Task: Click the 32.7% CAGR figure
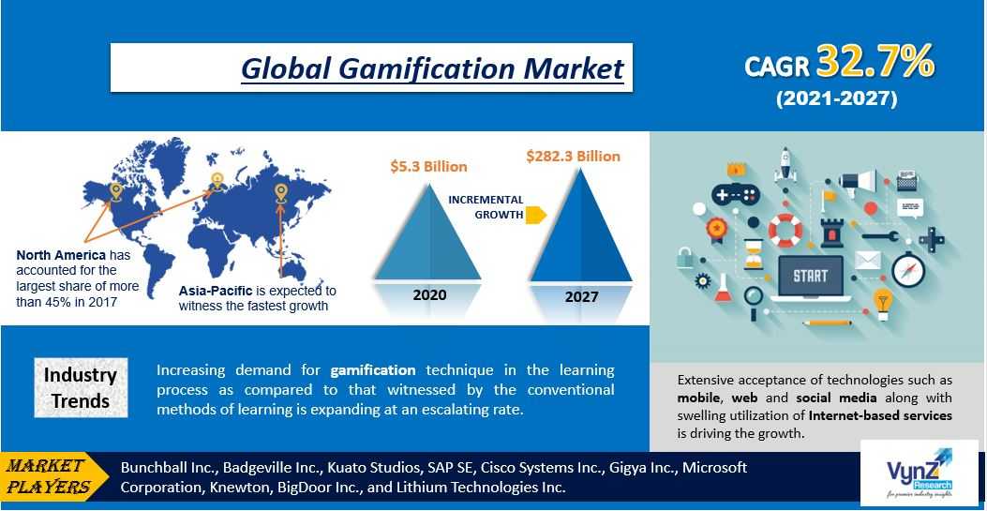point(875,62)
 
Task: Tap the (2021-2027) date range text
point(836,99)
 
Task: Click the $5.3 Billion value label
point(428,167)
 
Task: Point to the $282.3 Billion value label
point(574,156)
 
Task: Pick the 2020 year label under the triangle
point(429,294)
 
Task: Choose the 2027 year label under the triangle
point(581,296)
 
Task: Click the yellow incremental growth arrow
point(535,215)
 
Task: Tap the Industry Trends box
point(81,387)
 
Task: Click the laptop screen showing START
point(810,276)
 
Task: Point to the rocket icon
point(785,164)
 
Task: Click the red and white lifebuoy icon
point(785,230)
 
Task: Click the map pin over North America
point(115,191)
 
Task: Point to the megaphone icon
point(858,180)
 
